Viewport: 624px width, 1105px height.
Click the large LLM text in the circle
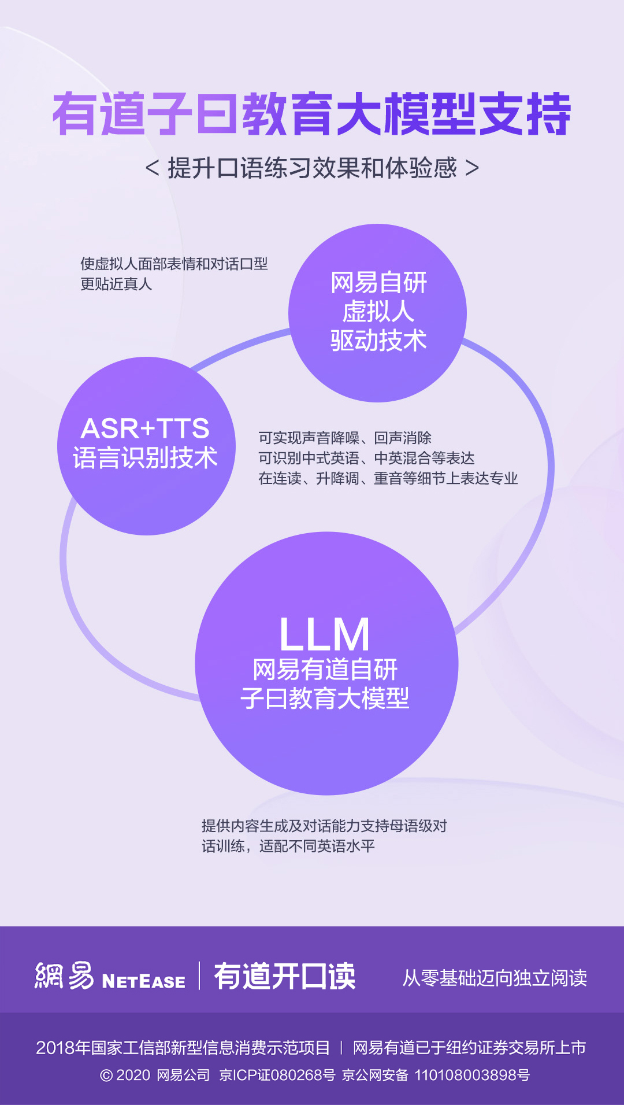click(x=324, y=635)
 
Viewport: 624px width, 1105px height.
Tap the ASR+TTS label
click(x=145, y=428)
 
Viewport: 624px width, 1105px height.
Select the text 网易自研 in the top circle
click(x=378, y=283)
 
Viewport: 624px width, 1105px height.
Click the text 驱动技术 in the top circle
click(x=378, y=341)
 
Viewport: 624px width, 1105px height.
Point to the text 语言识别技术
click(x=145, y=458)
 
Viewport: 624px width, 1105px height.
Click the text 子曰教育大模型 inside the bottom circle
click(x=325, y=699)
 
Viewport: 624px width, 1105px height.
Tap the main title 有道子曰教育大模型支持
click(x=312, y=114)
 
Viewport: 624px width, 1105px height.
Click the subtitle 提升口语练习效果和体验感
click(x=312, y=168)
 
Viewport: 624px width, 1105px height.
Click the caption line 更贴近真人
click(x=116, y=284)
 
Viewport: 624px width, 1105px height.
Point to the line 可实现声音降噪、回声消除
click(x=345, y=438)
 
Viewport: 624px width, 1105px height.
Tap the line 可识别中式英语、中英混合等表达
click(x=366, y=458)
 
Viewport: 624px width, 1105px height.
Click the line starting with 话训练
click(x=288, y=846)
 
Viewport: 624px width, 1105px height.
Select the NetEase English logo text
click(x=143, y=981)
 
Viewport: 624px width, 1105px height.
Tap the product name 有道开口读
click(x=285, y=977)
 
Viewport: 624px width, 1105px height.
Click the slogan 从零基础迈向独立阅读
click(x=495, y=978)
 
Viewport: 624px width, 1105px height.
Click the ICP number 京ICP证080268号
click(x=277, y=1075)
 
